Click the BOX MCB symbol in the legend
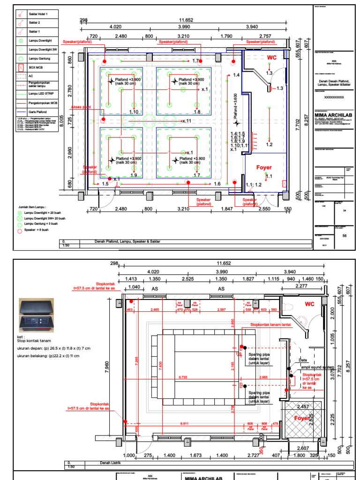tap(20, 68)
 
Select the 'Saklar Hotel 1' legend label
tap(39, 15)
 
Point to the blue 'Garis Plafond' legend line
tap(20, 112)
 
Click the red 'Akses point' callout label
tap(81, 107)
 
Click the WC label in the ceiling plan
tap(272, 58)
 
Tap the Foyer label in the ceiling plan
tap(264, 167)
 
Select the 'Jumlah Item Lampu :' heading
tap(33, 206)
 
